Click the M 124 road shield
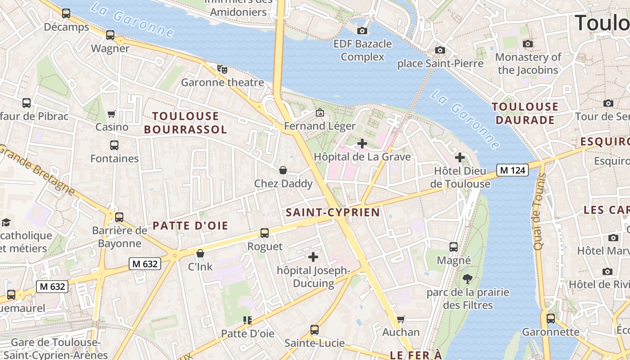pyautogui.click(x=513, y=171)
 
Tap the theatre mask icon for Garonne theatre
pyautogui.click(x=222, y=69)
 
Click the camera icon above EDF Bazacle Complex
pyautogui.click(x=362, y=31)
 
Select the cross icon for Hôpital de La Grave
pyautogui.click(x=362, y=144)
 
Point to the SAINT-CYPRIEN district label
pyautogui.click(x=333, y=212)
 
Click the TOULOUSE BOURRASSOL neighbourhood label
pyautogui.click(x=185, y=123)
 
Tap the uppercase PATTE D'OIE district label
pyautogui.click(x=190, y=226)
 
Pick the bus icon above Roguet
pyautogui.click(x=265, y=233)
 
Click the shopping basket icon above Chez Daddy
pyautogui.click(x=283, y=170)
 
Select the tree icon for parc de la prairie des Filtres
pyautogui.click(x=468, y=279)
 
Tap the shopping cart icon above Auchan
pyautogui.click(x=400, y=319)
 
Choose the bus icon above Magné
pyautogui.click(x=454, y=247)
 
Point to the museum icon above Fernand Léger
pyautogui.click(x=320, y=112)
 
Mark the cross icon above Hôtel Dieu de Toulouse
pyautogui.click(x=459, y=157)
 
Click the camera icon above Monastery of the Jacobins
pyautogui.click(x=528, y=44)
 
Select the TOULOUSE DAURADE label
pyautogui.click(x=525, y=113)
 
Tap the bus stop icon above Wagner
pyautogui.click(x=110, y=35)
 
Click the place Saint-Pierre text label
pyautogui.click(x=440, y=63)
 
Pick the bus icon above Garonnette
pyautogui.click(x=550, y=319)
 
